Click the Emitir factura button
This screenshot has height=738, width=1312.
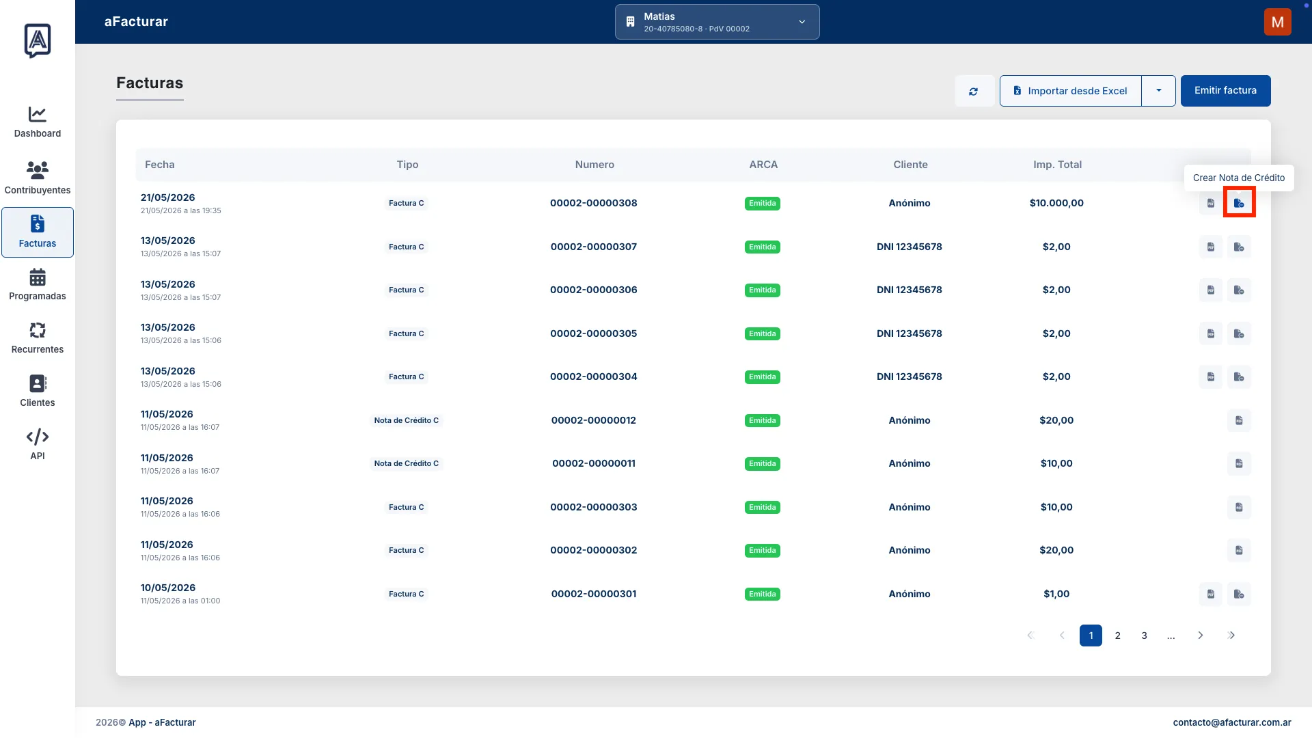(x=1225, y=91)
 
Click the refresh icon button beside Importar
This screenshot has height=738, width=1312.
(x=973, y=91)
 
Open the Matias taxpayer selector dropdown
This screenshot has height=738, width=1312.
(x=717, y=22)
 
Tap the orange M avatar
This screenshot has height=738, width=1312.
(x=1277, y=22)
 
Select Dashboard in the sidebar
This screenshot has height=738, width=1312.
(x=38, y=122)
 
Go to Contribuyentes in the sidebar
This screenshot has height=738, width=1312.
(x=38, y=178)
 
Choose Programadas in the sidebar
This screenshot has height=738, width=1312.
(x=38, y=284)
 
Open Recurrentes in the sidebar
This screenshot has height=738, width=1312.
(x=38, y=338)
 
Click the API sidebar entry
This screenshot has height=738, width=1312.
(x=38, y=444)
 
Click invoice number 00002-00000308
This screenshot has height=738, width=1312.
(x=594, y=203)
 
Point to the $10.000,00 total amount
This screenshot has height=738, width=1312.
(x=1056, y=203)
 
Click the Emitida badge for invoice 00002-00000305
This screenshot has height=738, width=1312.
(x=763, y=333)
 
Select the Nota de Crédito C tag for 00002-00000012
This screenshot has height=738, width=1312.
(x=407, y=420)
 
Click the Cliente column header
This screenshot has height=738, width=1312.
(x=910, y=165)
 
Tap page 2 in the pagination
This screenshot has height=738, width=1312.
(x=1118, y=635)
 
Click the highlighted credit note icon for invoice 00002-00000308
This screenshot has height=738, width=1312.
(x=1239, y=203)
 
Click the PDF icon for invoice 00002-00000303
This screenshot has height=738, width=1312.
(x=1239, y=507)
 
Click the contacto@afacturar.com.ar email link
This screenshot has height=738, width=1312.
(x=1232, y=722)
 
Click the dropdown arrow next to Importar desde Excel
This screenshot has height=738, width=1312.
(x=1159, y=91)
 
